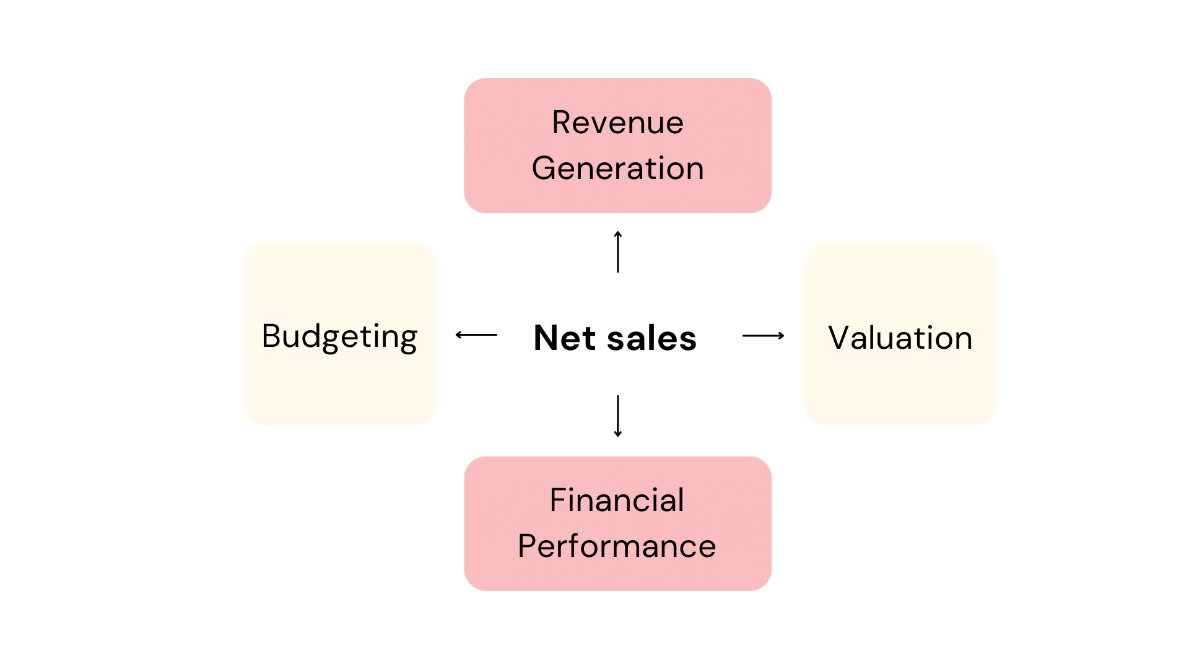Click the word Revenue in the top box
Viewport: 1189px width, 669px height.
click(617, 123)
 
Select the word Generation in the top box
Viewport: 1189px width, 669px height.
click(617, 168)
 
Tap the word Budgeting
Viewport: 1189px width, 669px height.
click(339, 337)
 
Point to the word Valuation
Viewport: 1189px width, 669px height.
click(900, 338)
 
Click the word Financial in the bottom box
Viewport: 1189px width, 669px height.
click(617, 501)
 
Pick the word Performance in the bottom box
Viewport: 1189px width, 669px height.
click(617, 546)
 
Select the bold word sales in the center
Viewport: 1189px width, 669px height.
click(651, 339)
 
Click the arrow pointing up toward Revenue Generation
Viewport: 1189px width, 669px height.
click(617, 251)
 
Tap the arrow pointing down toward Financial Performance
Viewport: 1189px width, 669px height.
click(617, 416)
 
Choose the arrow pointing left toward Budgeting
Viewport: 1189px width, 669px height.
click(476, 335)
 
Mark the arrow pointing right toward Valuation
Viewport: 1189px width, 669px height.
click(763, 336)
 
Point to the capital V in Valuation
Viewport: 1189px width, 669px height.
click(840, 338)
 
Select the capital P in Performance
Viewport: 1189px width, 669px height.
click(528, 546)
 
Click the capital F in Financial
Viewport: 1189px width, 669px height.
click(559, 501)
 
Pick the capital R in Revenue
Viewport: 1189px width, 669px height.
click(562, 123)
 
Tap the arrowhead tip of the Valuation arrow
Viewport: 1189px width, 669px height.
click(783, 336)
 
